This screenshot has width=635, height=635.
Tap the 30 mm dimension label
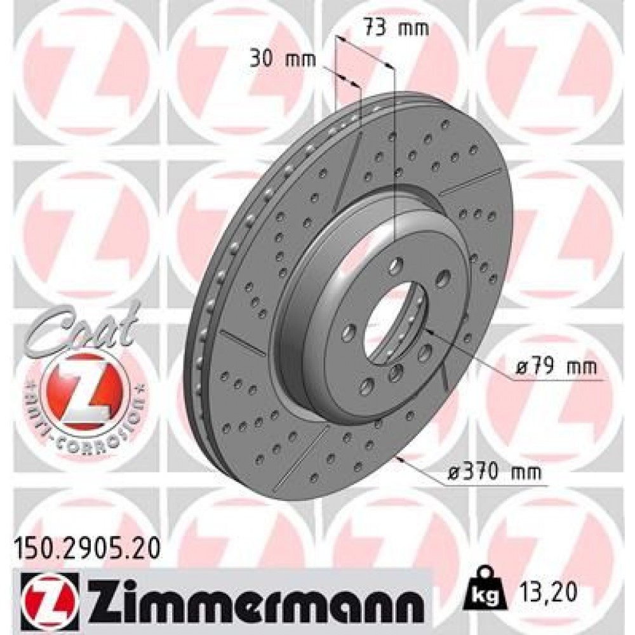click(x=274, y=61)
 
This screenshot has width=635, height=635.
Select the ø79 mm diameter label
click(x=556, y=367)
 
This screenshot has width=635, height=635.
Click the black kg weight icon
click(x=484, y=593)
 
